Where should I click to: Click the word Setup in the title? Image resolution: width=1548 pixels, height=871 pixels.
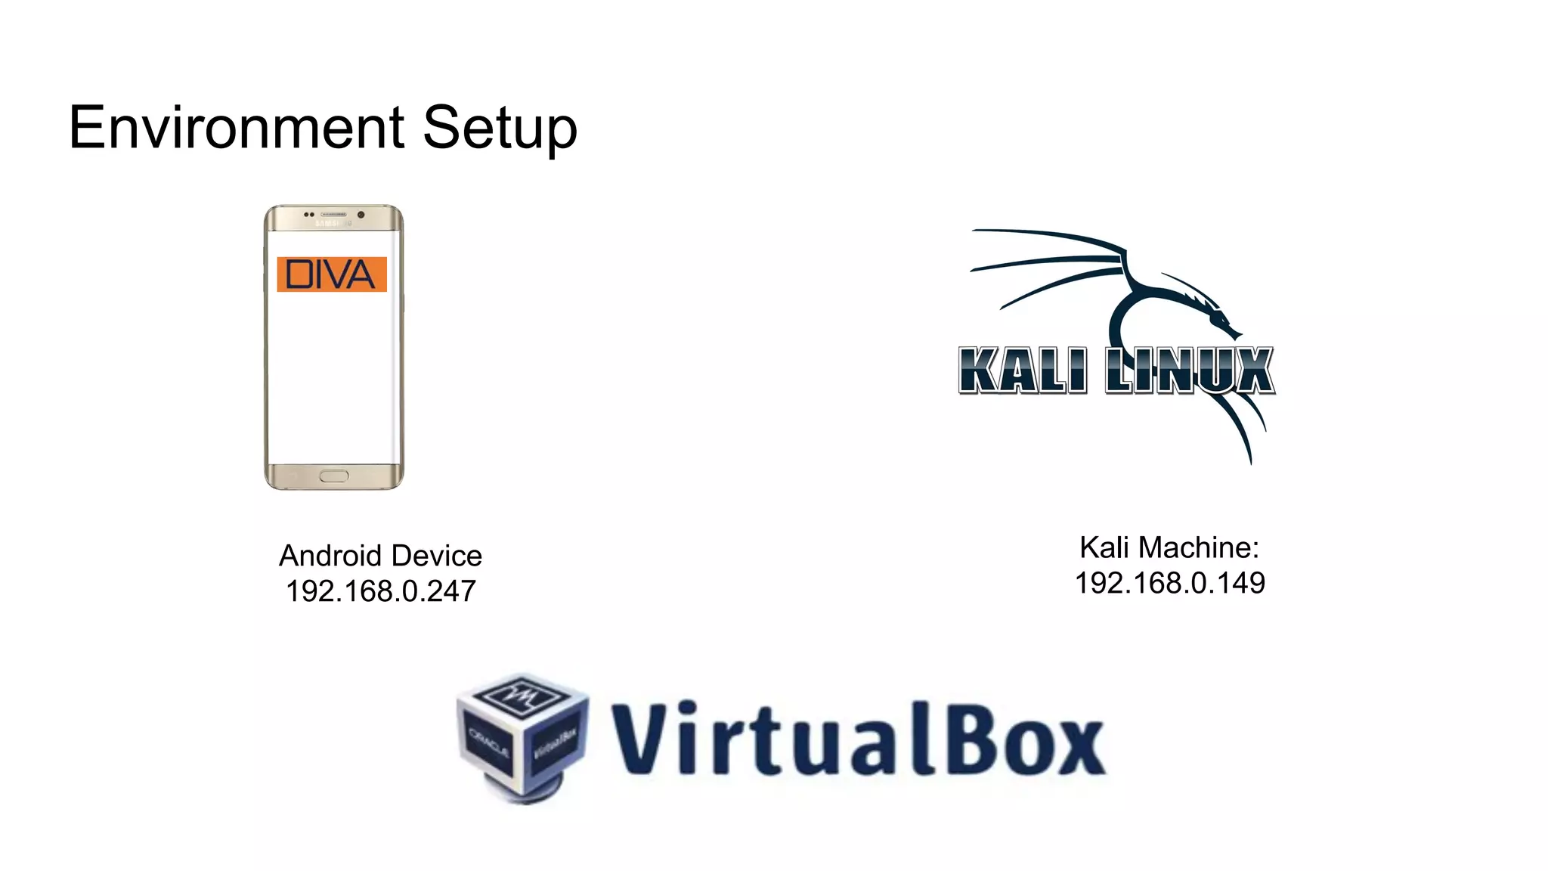coord(500,129)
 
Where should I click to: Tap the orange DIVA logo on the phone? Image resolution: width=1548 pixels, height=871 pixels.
coord(332,274)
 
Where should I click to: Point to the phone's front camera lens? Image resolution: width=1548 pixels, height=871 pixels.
coord(361,215)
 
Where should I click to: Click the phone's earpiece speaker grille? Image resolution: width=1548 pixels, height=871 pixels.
coord(333,215)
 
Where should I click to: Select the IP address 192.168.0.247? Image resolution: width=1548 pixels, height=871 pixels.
coord(380,591)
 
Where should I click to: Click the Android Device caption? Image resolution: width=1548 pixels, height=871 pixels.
coord(380,556)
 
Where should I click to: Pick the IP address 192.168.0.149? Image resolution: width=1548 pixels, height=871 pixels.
coord(1169,583)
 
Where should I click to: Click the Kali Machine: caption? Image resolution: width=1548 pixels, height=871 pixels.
coord(1169,547)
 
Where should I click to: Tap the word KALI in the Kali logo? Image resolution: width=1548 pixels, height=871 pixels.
coord(1023,370)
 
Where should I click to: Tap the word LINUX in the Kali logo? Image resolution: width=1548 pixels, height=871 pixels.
coord(1190,370)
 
